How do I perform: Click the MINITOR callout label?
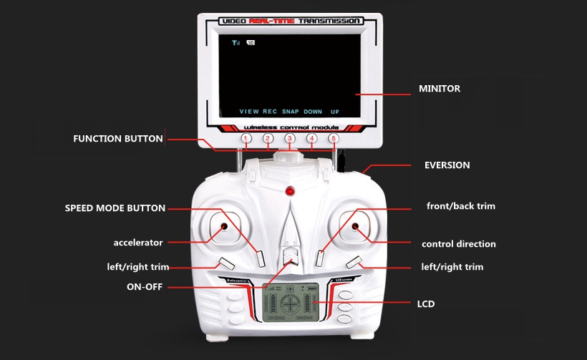tap(439, 89)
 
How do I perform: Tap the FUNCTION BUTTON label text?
tap(118, 138)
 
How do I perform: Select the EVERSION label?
tap(447, 165)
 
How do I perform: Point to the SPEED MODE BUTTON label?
tap(115, 208)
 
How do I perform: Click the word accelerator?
tap(137, 242)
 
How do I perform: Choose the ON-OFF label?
tap(144, 287)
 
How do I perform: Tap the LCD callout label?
tap(426, 304)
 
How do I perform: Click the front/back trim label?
tap(460, 206)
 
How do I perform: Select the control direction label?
tap(458, 244)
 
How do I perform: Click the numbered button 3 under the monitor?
tap(289, 138)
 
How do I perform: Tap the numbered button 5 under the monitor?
tap(333, 138)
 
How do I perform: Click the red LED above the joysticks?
tap(289, 192)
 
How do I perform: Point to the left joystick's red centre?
tap(223, 227)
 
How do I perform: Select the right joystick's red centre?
tap(356, 227)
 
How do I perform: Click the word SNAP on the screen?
tap(290, 112)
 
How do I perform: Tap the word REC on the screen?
tap(270, 112)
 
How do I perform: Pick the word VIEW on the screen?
tap(249, 112)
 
